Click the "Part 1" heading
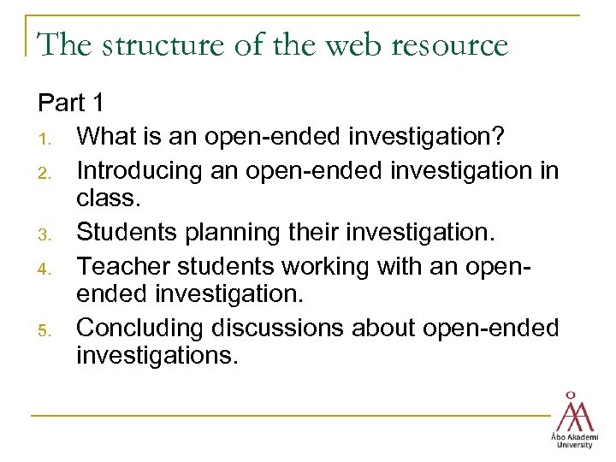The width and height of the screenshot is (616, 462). pyautogui.click(x=71, y=104)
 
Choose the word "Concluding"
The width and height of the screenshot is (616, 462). pyautogui.click(x=143, y=329)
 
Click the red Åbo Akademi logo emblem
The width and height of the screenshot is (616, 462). pyautogui.click(x=574, y=412)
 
